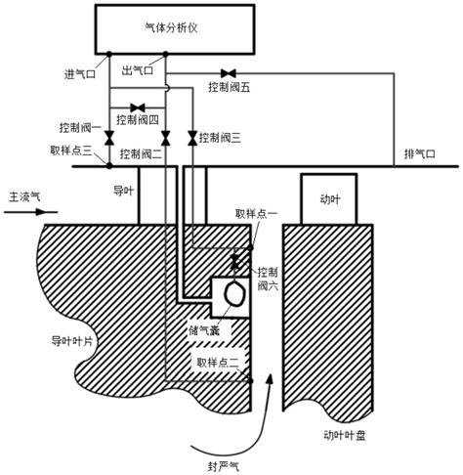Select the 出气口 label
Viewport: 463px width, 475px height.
coord(136,72)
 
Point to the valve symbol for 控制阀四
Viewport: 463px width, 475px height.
coord(138,107)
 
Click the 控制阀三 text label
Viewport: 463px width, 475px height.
coord(220,139)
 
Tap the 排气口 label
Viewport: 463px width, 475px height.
coord(417,154)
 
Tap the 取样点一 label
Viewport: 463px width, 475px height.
coord(254,213)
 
